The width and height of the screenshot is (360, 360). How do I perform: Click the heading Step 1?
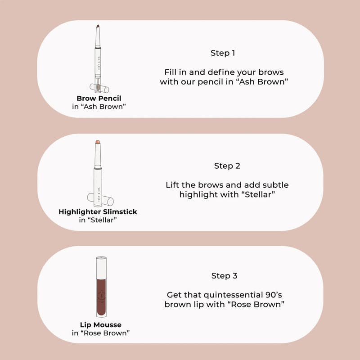[223, 53]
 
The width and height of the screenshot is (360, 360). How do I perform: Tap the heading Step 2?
[227, 166]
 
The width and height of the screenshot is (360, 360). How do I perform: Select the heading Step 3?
[224, 275]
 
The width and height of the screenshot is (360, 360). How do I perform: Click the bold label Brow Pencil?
[99, 99]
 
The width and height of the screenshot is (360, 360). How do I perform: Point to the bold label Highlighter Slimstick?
[98, 211]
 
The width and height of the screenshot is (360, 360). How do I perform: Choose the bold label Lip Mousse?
[100, 324]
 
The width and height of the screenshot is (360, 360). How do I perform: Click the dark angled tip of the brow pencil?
[98, 27]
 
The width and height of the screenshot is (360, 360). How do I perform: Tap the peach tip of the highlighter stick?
[98, 142]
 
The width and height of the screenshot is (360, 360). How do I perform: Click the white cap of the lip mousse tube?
[101, 268]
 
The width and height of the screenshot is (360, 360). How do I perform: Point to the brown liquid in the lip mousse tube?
[101, 297]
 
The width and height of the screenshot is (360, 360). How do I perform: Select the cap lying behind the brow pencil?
[99, 88]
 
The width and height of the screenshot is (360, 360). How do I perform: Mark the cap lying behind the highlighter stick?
[100, 199]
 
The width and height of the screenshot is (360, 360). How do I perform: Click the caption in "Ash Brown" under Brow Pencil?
[99, 107]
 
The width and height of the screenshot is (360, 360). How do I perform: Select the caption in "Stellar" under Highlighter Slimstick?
[98, 220]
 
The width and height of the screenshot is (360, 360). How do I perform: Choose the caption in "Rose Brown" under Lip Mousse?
[100, 333]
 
